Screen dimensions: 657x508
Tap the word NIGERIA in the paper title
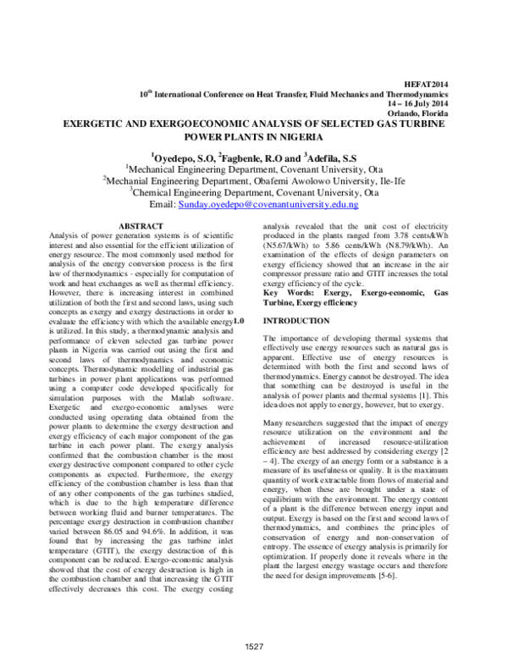pos(297,135)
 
